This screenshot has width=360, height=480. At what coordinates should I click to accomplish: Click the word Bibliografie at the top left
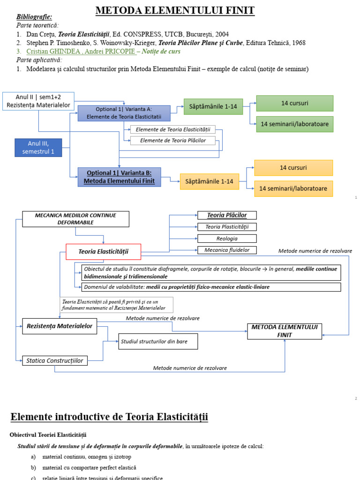tap(34, 17)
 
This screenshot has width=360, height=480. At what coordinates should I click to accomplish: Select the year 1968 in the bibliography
tap(297, 43)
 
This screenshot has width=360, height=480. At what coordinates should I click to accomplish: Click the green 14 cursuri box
tap(294, 103)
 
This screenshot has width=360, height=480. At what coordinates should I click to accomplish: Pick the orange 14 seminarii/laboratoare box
tap(293, 189)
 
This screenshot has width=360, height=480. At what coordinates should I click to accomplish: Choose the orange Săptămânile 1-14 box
tap(209, 181)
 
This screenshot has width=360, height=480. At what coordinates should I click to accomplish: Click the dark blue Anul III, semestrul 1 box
tap(38, 147)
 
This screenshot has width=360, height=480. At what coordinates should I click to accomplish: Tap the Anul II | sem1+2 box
tap(38, 101)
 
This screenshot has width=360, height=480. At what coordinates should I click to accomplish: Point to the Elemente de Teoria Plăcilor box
tap(173, 141)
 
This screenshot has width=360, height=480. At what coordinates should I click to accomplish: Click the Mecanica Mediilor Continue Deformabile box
tap(75, 218)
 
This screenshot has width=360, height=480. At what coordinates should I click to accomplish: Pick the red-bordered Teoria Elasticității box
tap(103, 252)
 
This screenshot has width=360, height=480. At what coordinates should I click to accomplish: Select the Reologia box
tap(227, 239)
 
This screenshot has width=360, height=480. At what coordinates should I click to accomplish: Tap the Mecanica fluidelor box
tap(227, 250)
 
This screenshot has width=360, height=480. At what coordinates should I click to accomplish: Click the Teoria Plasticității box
tap(227, 227)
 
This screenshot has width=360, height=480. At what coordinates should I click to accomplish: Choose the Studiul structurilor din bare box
tap(157, 342)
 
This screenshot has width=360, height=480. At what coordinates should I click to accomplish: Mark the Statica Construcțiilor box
tap(55, 360)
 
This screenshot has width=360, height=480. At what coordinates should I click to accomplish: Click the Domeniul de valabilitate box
tap(210, 287)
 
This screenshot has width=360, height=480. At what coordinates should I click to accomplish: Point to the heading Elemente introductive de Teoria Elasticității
tap(109, 417)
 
